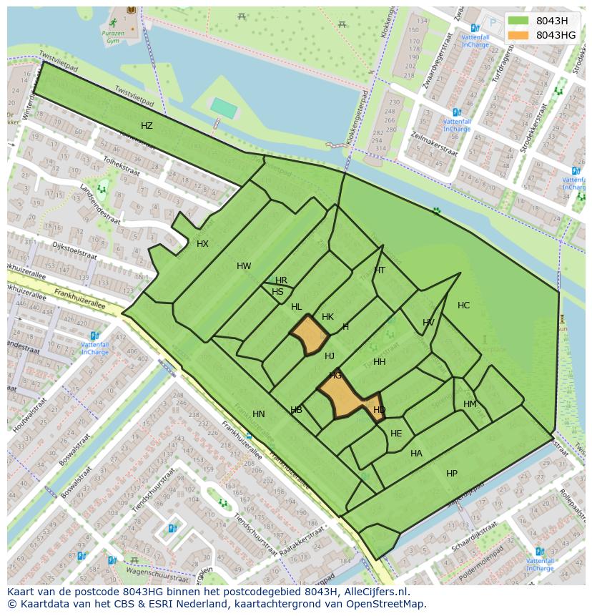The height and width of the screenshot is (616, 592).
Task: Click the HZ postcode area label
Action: pos(147,126)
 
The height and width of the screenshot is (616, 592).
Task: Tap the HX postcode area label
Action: pos(202,244)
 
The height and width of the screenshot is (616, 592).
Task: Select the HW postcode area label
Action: pos(244,266)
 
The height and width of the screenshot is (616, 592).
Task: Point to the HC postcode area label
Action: pos(463,305)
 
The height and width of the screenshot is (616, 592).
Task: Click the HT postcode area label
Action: pos(380,270)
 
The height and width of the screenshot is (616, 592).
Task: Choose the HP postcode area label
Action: pos(452,474)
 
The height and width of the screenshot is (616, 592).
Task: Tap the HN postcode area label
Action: pos(259,414)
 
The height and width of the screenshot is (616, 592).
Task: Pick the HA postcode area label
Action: pos(416,454)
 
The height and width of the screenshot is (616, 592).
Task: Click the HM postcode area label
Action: pos(470,404)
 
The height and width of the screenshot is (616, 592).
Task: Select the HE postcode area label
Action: pos(396,434)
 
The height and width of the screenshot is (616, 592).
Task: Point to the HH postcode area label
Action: pos(380,362)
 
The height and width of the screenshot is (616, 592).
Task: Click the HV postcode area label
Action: pos(428,323)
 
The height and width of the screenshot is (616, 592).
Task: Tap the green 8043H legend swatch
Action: pos(518,21)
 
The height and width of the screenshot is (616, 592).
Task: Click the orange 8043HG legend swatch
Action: pos(518,35)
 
